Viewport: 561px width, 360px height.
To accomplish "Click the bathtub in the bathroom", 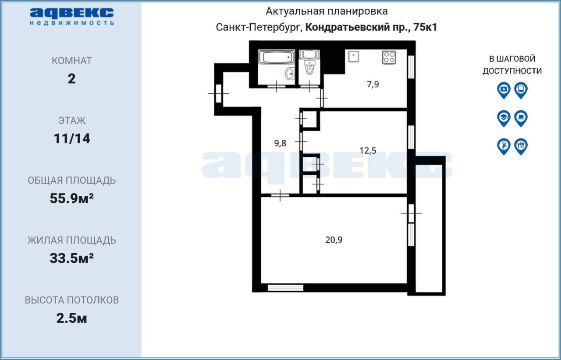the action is point(277,57).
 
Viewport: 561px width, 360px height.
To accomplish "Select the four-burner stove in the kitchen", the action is point(389,57).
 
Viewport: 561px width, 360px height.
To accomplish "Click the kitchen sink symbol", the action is point(353,56).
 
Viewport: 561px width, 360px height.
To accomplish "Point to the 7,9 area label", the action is point(373,85).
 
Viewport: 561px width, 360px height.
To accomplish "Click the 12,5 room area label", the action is point(368,151).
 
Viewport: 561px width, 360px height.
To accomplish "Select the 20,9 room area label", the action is point(334,240).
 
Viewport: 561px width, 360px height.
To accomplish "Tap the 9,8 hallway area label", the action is point(280,143).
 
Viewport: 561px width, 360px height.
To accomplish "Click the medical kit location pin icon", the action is point(504,90).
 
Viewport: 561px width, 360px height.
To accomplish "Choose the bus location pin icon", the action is point(521,90).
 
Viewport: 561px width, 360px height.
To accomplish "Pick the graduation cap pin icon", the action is point(504,119).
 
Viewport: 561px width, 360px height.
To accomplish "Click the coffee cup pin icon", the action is point(521,119).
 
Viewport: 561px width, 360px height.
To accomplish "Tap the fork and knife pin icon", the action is point(521,147).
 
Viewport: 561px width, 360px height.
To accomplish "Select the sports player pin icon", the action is point(504,147).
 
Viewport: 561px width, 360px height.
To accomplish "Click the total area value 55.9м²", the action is point(71,198).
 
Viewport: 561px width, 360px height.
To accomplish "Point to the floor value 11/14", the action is point(72,138).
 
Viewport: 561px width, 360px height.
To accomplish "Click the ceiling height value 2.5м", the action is point(71,318).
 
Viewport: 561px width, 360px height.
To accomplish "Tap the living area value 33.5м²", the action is point(71,258).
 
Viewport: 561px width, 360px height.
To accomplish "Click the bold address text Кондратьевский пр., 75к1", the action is point(371,27).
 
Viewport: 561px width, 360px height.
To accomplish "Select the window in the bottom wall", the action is point(285,288).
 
